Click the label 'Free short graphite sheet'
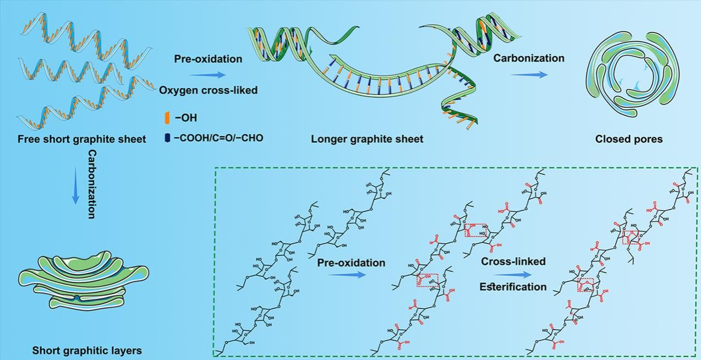click(x=81, y=139)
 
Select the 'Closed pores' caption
click(x=629, y=139)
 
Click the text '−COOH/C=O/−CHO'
click(x=218, y=138)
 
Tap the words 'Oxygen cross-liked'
click(x=209, y=90)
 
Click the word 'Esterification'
click(x=513, y=287)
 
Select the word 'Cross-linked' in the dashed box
click(x=513, y=261)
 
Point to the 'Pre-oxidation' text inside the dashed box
click(x=351, y=263)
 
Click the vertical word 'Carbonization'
click(x=92, y=184)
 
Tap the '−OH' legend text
click(x=185, y=117)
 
